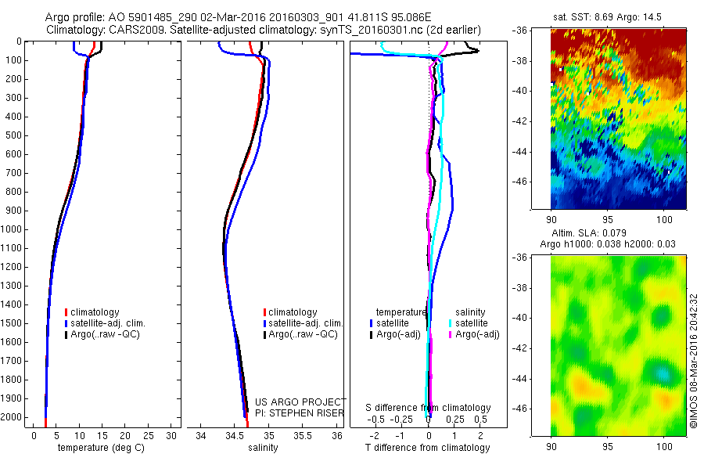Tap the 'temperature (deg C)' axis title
tap(99, 449)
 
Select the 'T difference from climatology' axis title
tap(428, 449)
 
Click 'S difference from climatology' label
tap(428, 408)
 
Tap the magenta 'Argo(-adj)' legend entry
tap(476, 334)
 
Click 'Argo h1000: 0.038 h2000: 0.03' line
tap(609, 244)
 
